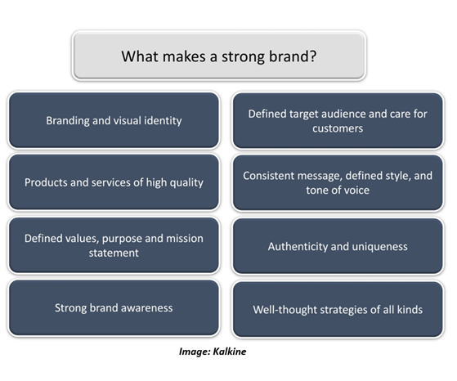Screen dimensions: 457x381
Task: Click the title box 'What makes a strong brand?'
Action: point(219,56)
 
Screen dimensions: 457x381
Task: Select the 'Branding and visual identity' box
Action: point(114,120)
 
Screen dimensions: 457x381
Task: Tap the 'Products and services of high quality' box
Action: point(114,182)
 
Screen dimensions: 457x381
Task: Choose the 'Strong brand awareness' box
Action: point(114,308)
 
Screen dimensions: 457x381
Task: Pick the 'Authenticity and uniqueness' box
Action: point(338,246)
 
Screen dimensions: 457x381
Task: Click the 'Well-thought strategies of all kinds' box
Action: point(338,309)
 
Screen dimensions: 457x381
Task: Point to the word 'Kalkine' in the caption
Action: point(230,352)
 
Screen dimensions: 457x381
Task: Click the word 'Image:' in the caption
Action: point(195,352)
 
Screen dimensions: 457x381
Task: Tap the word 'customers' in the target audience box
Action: point(338,128)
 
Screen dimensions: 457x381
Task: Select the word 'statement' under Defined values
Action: point(114,253)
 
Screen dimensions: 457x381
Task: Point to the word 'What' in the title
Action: point(140,56)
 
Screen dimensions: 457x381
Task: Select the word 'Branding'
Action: point(68,120)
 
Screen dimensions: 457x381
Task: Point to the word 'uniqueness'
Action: point(379,247)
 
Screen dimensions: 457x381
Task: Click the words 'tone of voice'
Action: point(338,190)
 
